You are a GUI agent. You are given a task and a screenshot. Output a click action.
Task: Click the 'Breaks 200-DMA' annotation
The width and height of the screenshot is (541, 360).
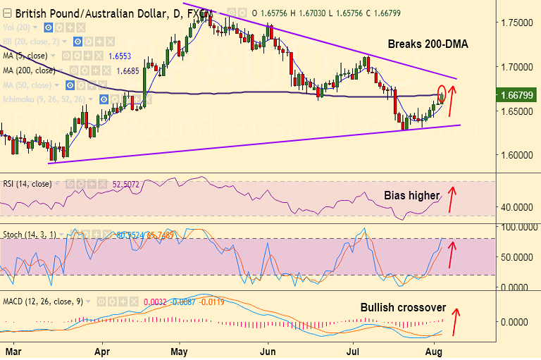click(428, 44)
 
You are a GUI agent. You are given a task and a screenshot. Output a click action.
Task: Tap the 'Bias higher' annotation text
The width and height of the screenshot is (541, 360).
click(412, 194)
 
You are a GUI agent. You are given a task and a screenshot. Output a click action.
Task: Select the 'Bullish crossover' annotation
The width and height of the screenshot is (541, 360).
click(402, 308)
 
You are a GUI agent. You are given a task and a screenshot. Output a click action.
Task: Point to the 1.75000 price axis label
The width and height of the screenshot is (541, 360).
click(515, 23)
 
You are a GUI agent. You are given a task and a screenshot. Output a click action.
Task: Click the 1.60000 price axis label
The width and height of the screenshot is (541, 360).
click(515, 155)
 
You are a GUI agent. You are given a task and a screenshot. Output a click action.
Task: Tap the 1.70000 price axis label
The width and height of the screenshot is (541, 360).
click(515, 67)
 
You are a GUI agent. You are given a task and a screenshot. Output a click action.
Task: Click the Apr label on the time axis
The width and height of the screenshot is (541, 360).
click(103, 349)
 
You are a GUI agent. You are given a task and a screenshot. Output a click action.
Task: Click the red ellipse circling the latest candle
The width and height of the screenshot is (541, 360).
click(442, 93)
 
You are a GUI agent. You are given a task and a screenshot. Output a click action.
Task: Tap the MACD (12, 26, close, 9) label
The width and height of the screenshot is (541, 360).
click(42, 302)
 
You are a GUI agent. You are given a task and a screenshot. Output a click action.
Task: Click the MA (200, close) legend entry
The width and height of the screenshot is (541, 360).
click(30, 70)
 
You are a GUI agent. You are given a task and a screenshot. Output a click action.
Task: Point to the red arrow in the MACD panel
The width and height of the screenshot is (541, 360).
click(457, 320)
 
